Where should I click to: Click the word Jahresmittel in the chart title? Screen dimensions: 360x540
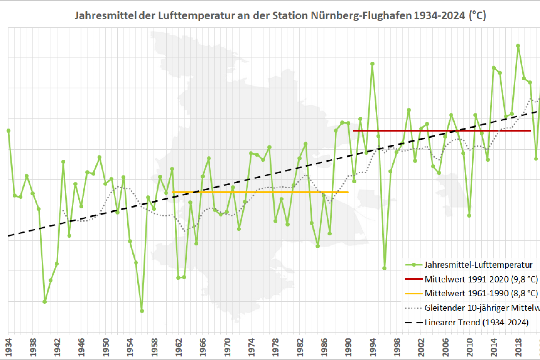click(x=98, y=16)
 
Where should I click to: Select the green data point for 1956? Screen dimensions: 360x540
click(x=142, y=311)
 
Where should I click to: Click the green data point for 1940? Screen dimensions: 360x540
click(x=45, y=302)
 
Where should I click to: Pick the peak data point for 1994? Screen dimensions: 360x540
click(x=372, y=64)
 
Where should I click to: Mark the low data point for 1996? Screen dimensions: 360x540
click(x=384, y=268)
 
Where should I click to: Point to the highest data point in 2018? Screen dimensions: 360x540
click(x=518, y=46)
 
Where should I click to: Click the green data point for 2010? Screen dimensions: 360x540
click(x=469, y=215)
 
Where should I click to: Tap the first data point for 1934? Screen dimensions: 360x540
click(x=8, y=130)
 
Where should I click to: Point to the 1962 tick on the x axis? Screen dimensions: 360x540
click(x=178, y=346)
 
